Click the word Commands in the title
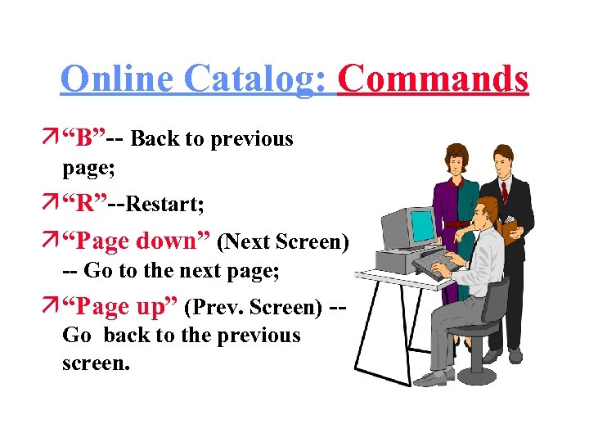(x=433, y=79)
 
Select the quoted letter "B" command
(x=84, y=138)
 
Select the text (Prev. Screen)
(x=253, y=307)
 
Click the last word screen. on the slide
(x=96, y=363)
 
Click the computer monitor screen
(x=422, y=225)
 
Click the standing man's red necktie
(x=505, y=193)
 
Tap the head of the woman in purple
(x=454, y=158)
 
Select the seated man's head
(x=488, y=211)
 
